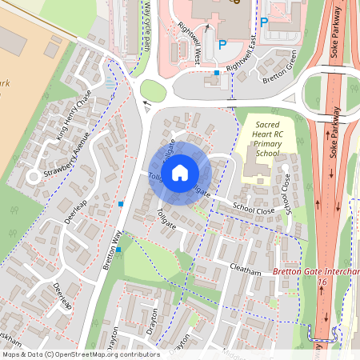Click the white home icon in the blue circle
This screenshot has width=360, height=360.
[x=180, y=172]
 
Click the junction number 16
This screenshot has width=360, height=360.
[x=322, y=282]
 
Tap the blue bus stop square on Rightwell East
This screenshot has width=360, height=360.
[x=216, y=74]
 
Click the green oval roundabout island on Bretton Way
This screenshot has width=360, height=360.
[x=152, y=90]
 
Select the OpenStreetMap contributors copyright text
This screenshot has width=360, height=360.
[x=80, y=354]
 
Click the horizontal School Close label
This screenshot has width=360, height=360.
[x=254, y=206]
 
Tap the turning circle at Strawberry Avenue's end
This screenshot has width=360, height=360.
[x=33, y=176]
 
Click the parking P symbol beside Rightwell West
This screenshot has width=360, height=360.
[x=222, y=46]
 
